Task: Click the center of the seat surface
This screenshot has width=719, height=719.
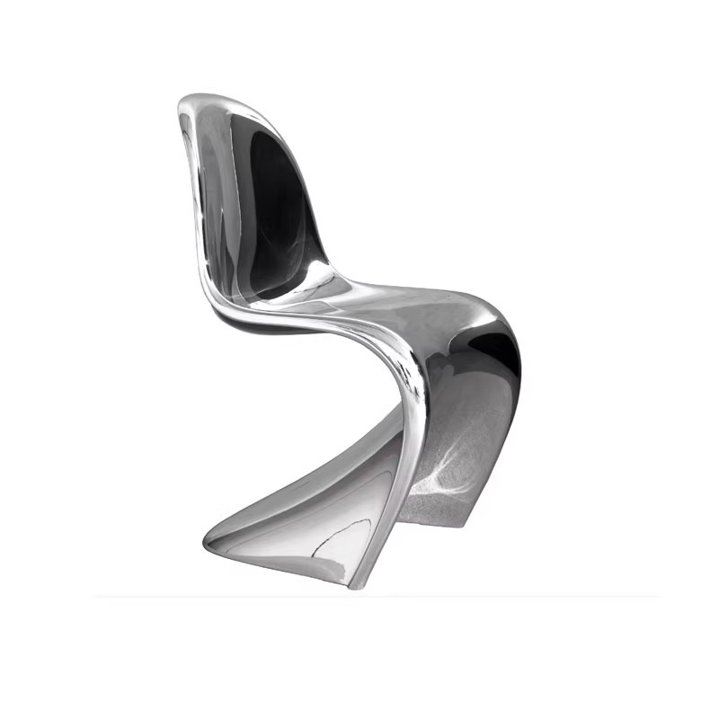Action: click(x=404, y=306)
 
